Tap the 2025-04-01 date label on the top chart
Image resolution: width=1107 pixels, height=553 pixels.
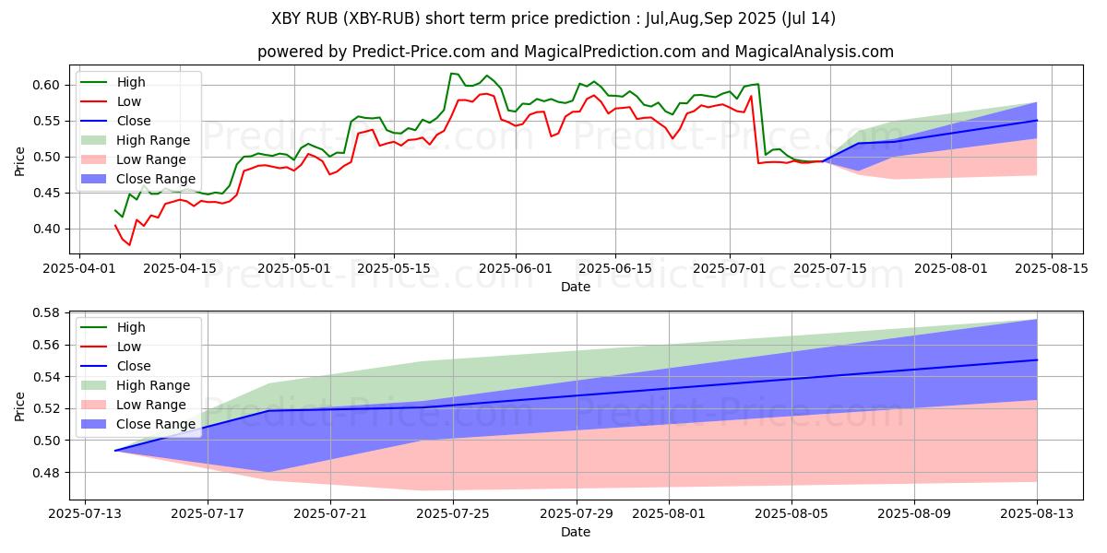(79, 268)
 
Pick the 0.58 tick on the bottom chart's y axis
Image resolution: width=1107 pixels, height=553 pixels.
(45, 312)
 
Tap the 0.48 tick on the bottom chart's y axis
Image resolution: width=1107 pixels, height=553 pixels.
(45, 473)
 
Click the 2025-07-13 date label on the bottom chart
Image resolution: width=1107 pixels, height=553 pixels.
(85, 513)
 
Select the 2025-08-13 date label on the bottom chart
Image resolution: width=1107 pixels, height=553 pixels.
(1037, 513)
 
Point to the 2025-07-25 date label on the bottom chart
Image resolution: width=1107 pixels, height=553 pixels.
(453, 513)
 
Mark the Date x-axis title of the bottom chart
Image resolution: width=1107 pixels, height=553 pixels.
(576, 532)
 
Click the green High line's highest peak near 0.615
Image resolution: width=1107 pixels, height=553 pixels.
(451, 74)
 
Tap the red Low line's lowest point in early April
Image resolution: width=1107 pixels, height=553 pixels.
(129, 244)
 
